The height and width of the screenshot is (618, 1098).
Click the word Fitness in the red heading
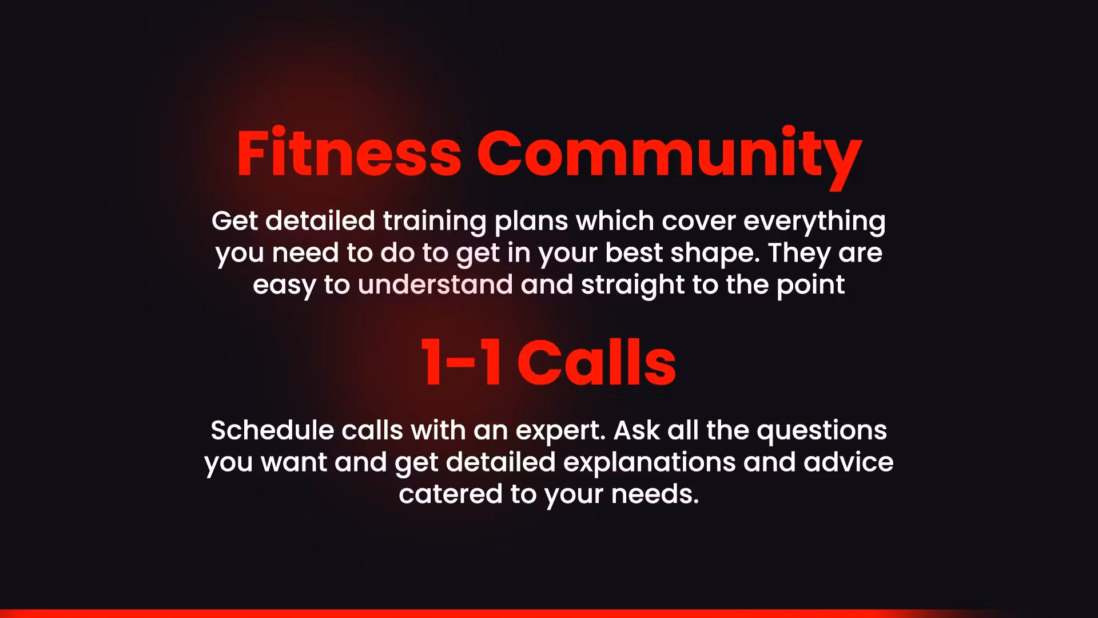click(x=349, y=152)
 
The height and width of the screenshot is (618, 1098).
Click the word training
click(x=435, y=222)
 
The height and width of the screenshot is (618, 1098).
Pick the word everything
click(x=814, y=222)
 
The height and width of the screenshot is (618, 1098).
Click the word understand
click(x=435, y=284)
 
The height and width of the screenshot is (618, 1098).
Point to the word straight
click(x=633, y=286)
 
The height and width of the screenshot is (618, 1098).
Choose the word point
click(x=810, y=286)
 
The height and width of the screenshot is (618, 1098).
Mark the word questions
click(x=822, y=431)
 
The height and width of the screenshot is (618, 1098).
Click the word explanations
click(x=650, y=463)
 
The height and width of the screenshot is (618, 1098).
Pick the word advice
click(x=848, y=462)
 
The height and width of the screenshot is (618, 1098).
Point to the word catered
click(x=451, y=494)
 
